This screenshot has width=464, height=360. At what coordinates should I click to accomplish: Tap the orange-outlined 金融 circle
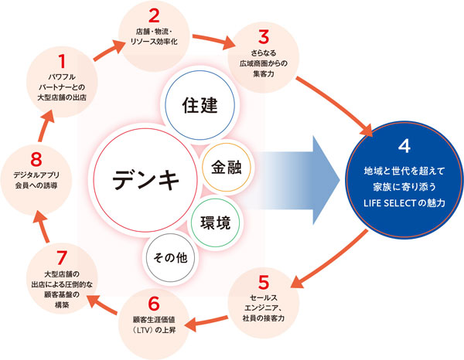point(227,166)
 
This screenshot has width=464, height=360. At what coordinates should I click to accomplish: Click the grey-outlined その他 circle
point(171,256)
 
